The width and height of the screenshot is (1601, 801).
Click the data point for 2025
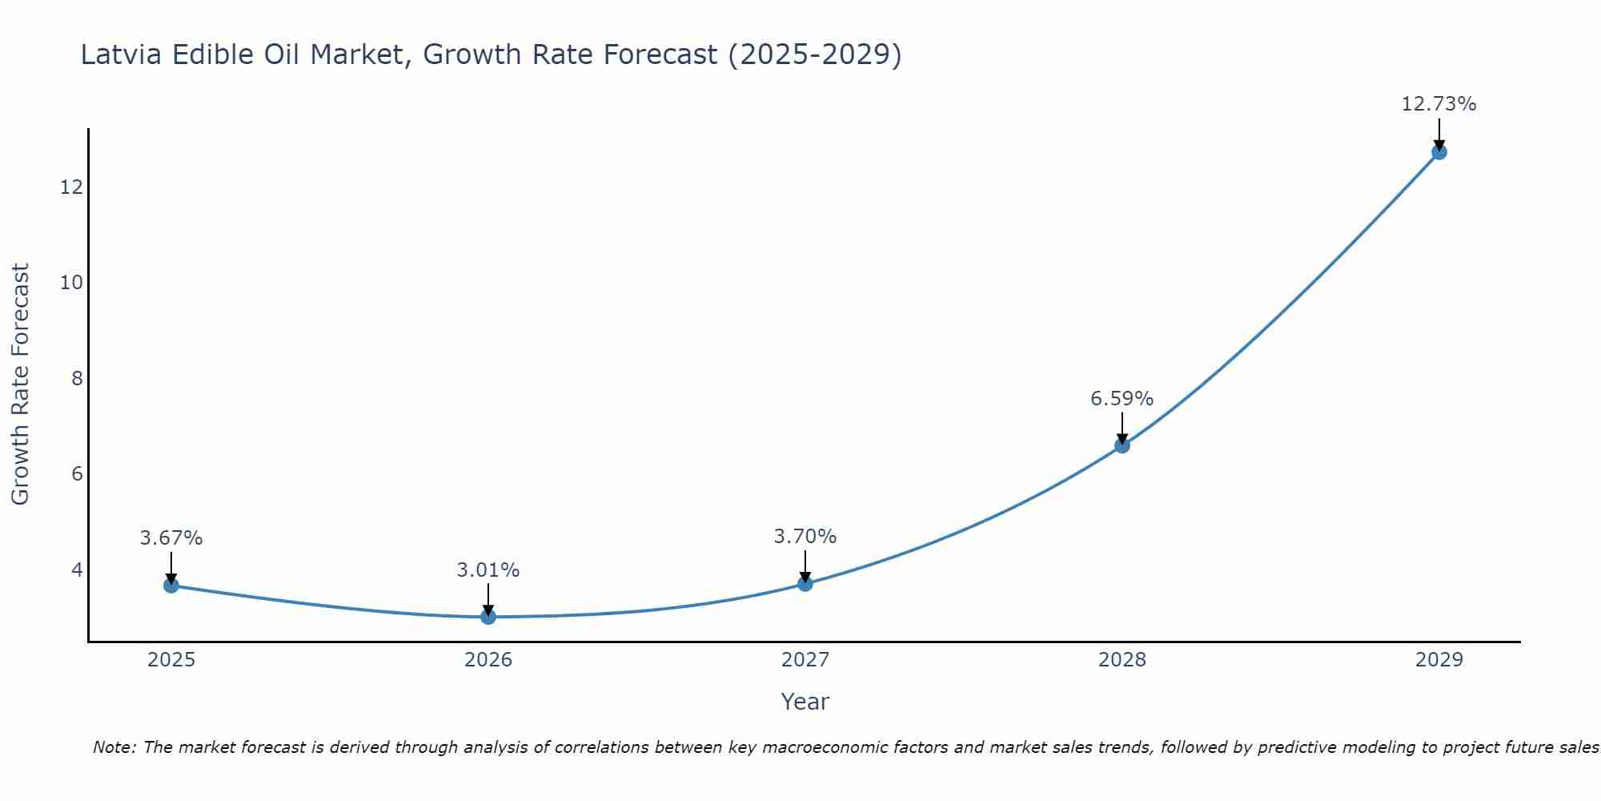tap(171, 586)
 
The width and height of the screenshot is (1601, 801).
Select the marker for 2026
tap(488, 617)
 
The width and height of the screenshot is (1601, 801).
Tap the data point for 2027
tap(805, 584)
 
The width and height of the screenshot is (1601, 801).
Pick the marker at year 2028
tap(1122, 445)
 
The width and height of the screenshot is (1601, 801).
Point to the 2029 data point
tap(1439, 152)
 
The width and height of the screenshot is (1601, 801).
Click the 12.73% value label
tap(1438, 104)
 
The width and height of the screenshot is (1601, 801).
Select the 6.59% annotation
tap(1122, 398)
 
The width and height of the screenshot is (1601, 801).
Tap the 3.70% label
tap(805, 536)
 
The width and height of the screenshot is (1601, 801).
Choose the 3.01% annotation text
tap(488, 570)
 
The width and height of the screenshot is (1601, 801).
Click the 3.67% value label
tap(171, 537)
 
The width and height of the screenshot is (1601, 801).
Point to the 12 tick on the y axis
tap(71, 187)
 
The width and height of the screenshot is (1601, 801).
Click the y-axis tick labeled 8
tap(77, 378)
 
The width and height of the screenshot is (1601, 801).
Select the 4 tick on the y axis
tap(77, 570)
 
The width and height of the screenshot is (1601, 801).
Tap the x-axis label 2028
tap(1122, 660)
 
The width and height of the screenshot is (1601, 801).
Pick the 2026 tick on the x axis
tap(488, 660)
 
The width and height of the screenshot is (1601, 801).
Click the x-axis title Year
tap(805, 702)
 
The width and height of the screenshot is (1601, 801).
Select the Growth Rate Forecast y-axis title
tap(20, 384)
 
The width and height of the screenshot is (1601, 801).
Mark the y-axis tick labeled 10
tap(71, 282)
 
